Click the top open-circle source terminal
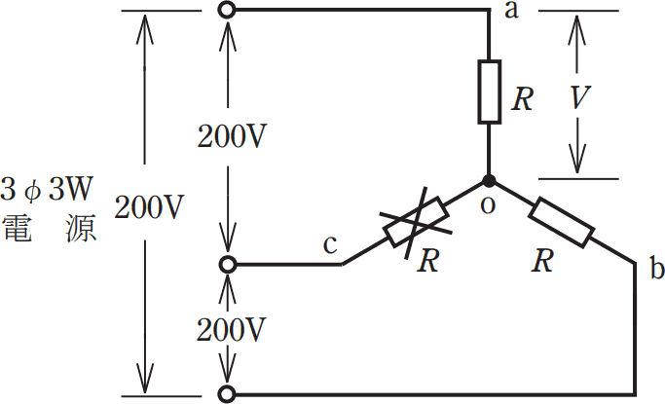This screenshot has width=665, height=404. coord(227,10)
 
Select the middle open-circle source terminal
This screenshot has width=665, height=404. coord(227,265)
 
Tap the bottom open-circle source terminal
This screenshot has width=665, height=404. coord(227,394)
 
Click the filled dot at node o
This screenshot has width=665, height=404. coord(489,181)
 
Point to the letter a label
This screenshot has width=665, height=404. coord(511,10)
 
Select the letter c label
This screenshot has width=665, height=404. coord(330,245)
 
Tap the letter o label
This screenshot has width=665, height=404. coord(488,205)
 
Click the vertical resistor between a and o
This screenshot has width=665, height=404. coord(490,92)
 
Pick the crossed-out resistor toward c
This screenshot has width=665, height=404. coord(416,222)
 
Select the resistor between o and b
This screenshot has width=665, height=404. coord(561,222)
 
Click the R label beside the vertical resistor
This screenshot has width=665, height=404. coord(522,99)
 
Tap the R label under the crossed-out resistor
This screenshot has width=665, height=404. coord(428,261)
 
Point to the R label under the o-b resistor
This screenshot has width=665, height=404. coord(542,261)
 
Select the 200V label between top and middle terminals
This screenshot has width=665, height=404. coord(232,136)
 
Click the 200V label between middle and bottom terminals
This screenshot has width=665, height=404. coord(231,329)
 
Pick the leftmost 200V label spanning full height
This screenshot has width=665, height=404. coord(149,207)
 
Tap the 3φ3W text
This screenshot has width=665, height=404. coord(47,189)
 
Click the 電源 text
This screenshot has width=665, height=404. coord(50,229)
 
